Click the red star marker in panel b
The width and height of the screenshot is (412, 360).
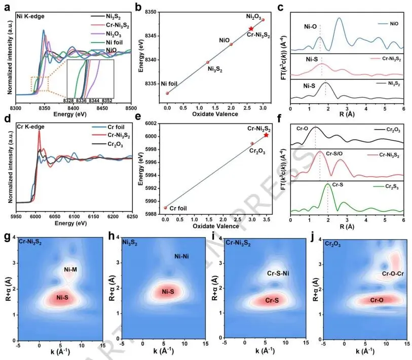coord(251,29)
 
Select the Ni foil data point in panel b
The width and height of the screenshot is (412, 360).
coord(167,93)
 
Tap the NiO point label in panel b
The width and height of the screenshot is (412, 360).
coord(224,39)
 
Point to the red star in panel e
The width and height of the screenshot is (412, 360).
coord(266,135)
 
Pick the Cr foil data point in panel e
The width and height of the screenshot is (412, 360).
coord(166,208)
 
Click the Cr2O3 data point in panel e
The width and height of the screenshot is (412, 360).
coord(252,143)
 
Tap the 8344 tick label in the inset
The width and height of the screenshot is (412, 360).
coord(95,101)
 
